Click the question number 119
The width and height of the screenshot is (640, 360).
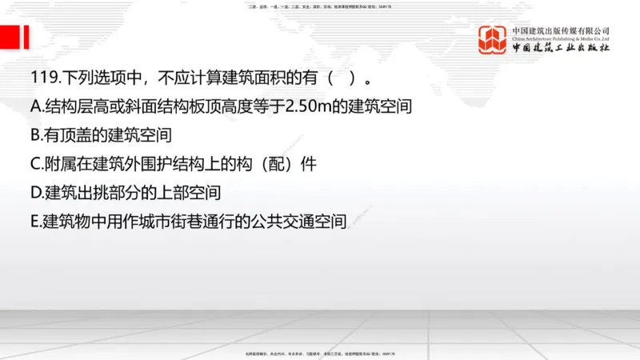(x=41, y=79)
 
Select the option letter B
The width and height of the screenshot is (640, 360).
(x=35, y=135)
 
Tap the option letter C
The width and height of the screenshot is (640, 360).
(x=35, y=164)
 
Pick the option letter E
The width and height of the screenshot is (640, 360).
(x=35, y=221)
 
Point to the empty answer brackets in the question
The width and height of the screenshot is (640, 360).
(x=340, y=79)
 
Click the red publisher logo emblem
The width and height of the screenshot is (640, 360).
(x=492, y=40)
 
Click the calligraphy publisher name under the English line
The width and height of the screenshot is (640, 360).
(x=561, y=49)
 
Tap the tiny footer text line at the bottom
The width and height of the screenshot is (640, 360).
(x=320, y=353)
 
